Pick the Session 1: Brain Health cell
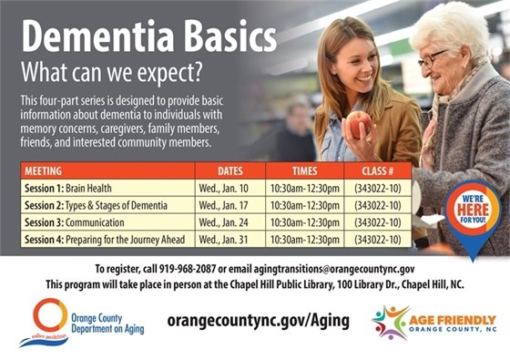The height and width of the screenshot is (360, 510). click(x=68, y=188)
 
